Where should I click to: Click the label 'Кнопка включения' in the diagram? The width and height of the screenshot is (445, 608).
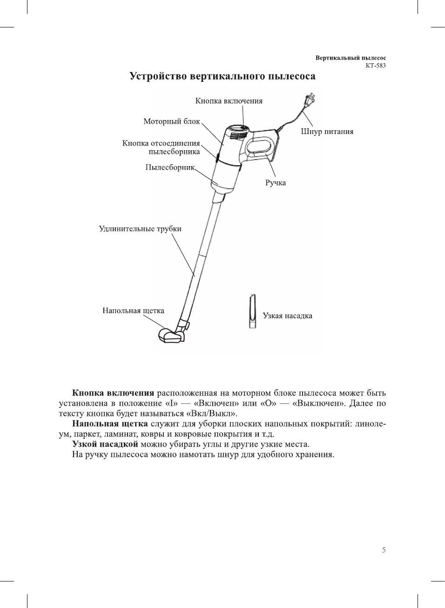pos(229,101)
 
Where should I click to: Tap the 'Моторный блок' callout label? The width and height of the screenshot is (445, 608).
pos(171,121)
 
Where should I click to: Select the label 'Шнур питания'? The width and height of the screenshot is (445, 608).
pos(327,132)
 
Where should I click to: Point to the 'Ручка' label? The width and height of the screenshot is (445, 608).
pos(276,183)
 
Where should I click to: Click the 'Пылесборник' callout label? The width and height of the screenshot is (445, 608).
pos(169,167)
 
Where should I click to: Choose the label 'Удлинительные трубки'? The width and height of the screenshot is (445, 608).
pos(140,229)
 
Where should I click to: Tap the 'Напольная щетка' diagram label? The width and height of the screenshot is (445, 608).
pos(133,311)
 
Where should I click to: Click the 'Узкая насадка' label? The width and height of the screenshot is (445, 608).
pos(287,316)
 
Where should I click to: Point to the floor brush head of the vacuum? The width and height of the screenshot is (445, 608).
pos(171,336)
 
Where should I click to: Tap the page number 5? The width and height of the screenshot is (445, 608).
pos(384,550)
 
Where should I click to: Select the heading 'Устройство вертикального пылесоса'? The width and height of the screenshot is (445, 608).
pos(222,76)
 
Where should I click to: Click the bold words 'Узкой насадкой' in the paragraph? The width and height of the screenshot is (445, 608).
pos(105,444)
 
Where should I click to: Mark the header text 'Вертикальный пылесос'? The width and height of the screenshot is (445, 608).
pos(351,58)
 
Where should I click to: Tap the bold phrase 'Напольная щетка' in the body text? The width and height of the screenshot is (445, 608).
pos(110,424)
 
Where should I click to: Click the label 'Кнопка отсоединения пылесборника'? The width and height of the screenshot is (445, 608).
pos(161,147)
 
